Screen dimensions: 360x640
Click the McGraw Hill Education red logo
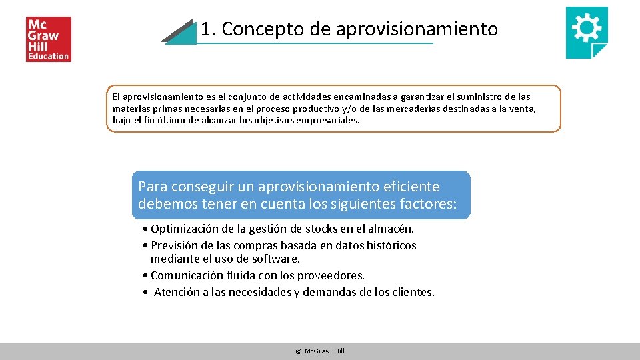pyautogui.click(x=48, y=39)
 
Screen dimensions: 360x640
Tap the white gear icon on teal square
pyautogui.click(x=586, y=30)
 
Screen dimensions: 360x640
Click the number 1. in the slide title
pyautogui.click(x=208, y=29)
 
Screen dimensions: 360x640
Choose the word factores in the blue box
pyautogui.click(x=427, y=203)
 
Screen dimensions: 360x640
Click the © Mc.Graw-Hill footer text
pyautogui.click(x=320, y=351)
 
